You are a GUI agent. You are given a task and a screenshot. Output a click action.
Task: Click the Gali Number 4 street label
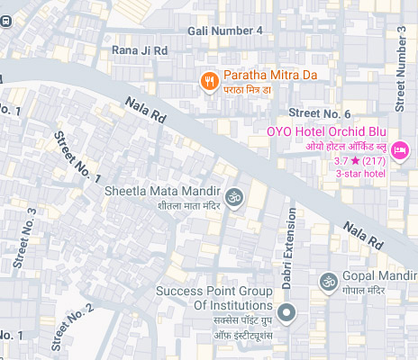pyautogui.click(x=225, y=31)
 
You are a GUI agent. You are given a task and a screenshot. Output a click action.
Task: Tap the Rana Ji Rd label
pyautogui.click(x=140, y=51)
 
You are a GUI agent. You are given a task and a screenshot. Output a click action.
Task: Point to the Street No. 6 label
pyautogui.click(x=319, y=113)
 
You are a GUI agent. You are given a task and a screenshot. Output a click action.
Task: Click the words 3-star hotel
pyautogui.click(x=360, y=174)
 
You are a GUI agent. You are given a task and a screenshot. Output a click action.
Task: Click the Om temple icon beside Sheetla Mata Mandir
pyautogui.click(x=233, y=197)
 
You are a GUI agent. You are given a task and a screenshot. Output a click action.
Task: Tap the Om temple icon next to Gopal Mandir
pyautogui.click(x=325, y=281)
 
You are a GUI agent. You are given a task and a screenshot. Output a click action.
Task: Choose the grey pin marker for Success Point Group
pyautogui.click(x=286, y=313)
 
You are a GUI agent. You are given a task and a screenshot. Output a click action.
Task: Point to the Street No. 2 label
pyautogui.click(x=72, y=328)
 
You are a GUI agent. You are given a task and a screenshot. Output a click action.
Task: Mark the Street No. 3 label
pyautogui.click(x=25, y=238)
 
